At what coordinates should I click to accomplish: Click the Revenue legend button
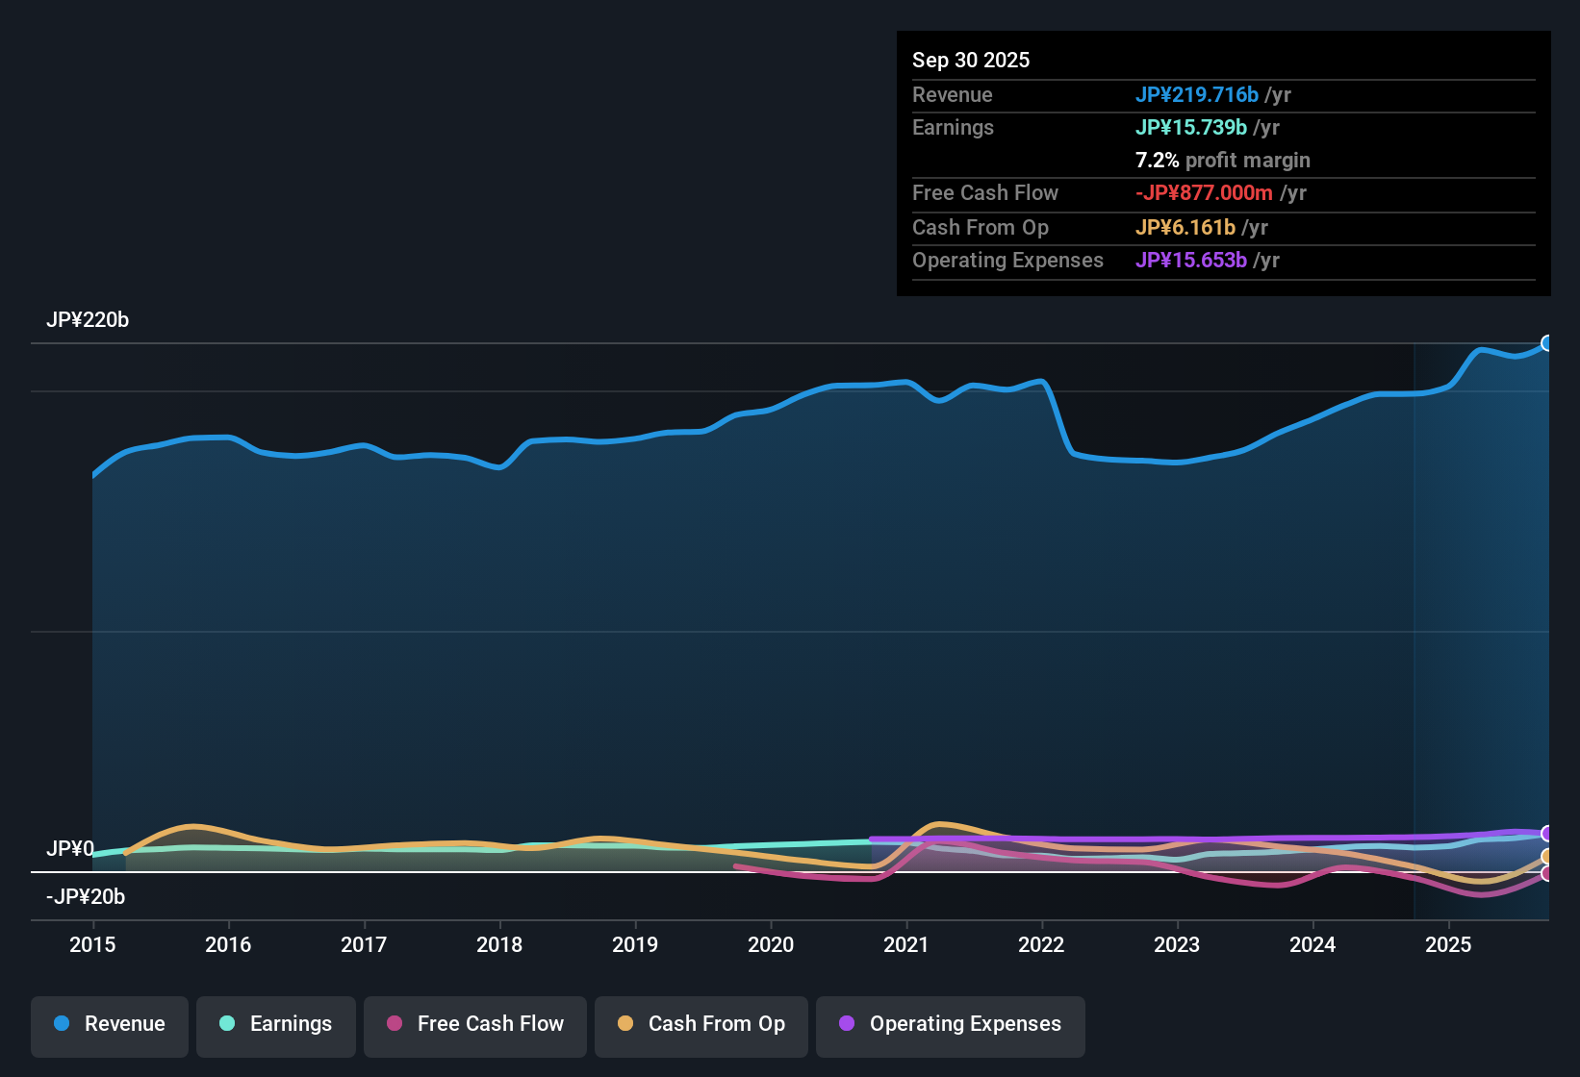pos(110,1024)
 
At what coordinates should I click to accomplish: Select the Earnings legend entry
pos(275,1024)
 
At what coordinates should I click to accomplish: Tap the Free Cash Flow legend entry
pos(475,1024)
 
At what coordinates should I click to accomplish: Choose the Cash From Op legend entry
pos(701,1024)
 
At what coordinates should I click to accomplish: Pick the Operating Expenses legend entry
pos(951,1024)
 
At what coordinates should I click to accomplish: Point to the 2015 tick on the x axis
pos(92,944)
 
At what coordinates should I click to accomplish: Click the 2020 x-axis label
pos(771,944)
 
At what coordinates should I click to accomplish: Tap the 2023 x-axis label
pos(1177,944)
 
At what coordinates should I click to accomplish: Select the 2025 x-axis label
pos(1448,944)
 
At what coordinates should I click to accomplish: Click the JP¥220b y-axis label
pos(88,320)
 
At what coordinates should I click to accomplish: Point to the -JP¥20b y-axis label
pos(86,897)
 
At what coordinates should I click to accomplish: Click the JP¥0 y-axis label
pos(70,849)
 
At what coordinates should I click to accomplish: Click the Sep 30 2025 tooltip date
pos(970,61)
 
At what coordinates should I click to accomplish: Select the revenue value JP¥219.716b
pos(1196,95)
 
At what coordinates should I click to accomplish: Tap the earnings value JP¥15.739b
pos(1190,128)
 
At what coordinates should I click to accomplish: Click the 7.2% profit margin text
pos(1222,161)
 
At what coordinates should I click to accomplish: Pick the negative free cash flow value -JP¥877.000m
pos(1204,193)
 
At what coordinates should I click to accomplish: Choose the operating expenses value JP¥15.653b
pos(1190,261)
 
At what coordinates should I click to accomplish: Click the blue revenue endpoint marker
pos(1547,343)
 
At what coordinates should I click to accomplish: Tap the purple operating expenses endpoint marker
pos(1547,834)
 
